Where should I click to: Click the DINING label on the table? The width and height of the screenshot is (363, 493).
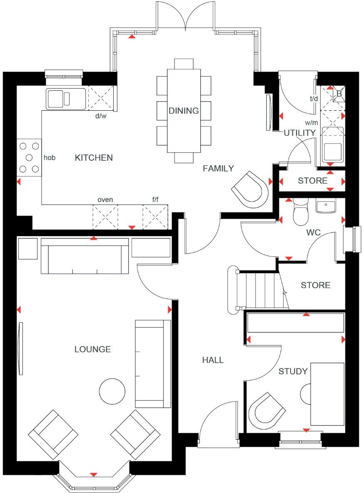pyautogui.click(x=184, y=111)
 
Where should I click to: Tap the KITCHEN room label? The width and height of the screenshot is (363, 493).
pyautogui.click(x=94, y=158)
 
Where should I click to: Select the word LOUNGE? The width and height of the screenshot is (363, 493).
pyautogui.click(x=93, y=349)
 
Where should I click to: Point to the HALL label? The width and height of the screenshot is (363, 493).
pyautogui.click(x=213, y=360)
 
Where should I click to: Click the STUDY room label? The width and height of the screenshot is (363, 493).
pyautogui.click(x=293, y=371)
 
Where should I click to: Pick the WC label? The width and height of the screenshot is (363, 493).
pyautogui.click(x=313, y=232)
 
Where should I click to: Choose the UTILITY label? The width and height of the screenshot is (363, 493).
pyautogui.click(x=300, y=133)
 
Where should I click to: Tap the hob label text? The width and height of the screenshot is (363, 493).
pyautogui.click(x=50, y=158)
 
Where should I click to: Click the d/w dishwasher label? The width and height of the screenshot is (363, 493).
pyautogui.click(x=101, y=116)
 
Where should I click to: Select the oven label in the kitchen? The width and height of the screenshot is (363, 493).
pyautogui.click(x=105, y=200)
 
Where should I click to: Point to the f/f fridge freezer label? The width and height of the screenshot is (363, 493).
pyautogui.click(x=155, y=200)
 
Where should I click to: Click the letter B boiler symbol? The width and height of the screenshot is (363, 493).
pyautogui.click(x=339, y=94)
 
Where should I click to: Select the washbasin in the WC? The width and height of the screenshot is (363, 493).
pyautogui.click(x=326, y=206)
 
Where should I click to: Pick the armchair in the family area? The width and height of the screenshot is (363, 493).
pyautogui.click(x=250, y=190)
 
